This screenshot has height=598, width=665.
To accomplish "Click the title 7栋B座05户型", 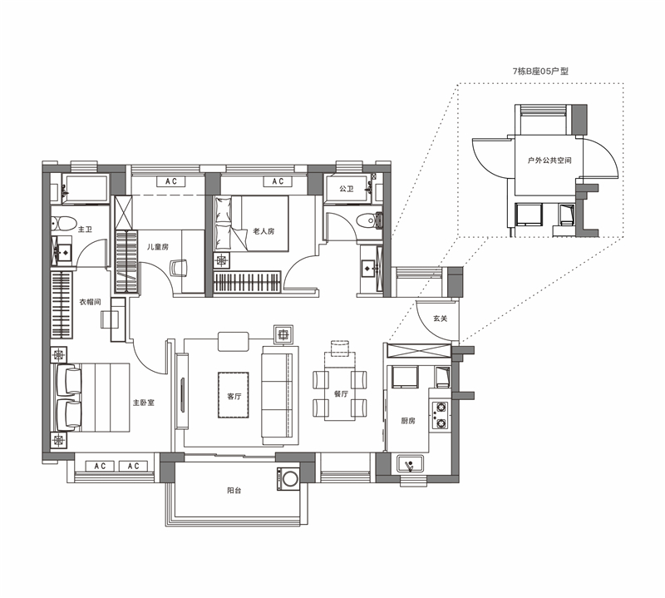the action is pyautogui.click(x=540, y=72).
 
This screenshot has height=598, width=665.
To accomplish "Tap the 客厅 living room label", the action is pyautogui.click(x=234, y=397).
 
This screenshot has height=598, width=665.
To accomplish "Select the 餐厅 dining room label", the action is pyautogui.click(x=341, y=394).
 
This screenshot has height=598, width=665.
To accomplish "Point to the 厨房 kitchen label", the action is pyautogui.click(x=408, y=421).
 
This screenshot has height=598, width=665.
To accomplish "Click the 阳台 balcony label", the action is pyautogui.click(x=234, y=491).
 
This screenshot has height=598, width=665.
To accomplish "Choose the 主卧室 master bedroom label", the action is pyautogui.click(x=144, y=403).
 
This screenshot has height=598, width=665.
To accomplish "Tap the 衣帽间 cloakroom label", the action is pyautogui.click(x=91, y=302).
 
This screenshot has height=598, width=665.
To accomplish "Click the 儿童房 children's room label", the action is pyautogui.click(x=158, y=246).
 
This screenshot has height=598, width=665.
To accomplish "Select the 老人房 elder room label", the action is pyautogui.click(x=264, y=231).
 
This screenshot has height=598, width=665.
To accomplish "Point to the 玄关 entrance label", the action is pyautogui.click(x=441, y=319).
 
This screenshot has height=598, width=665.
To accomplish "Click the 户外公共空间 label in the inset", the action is pyautogui.click(x=549, y=161).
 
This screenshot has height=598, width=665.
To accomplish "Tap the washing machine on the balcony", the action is pyautogui.click(x=288, y=479).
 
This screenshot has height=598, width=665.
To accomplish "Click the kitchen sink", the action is pyautogui.click(x=410, y=464).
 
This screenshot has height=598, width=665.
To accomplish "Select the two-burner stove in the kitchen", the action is pyautogui.click(x=441, y=415).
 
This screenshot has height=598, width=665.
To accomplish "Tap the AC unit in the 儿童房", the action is pyautogui.click(x=171, y=181).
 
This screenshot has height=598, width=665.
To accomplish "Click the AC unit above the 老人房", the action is pyautogui.click(x=278, y=181).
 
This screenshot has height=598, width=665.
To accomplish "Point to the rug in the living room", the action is pyautogui.click(x=234, y=395).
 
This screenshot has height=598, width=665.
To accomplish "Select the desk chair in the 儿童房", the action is pyautogui.click(x=179, y=269).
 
